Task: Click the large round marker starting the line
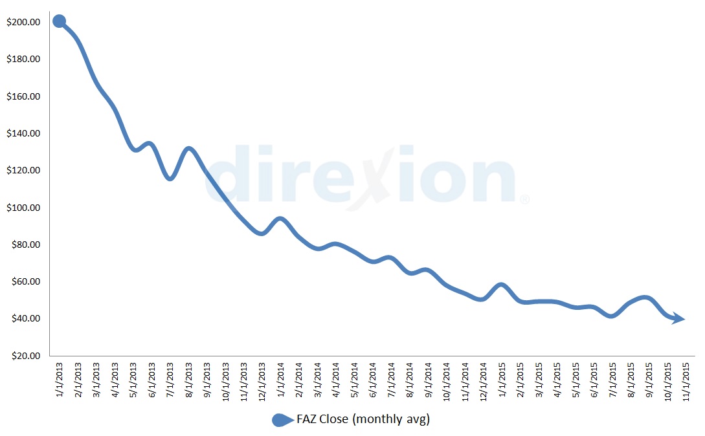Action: coord(59,21)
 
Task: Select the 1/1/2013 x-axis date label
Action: coord(59,381)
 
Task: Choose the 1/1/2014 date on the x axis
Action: coord(280,381)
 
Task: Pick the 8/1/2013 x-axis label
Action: coord(188,381)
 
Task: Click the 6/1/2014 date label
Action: coord(372,381)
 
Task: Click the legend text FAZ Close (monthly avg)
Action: coord(363,419)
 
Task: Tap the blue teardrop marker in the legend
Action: coord(282,420)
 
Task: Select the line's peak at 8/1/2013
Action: coord(188,149)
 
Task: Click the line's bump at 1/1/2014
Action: coord(280,219)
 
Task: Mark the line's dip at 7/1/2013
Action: coord(170,178)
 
